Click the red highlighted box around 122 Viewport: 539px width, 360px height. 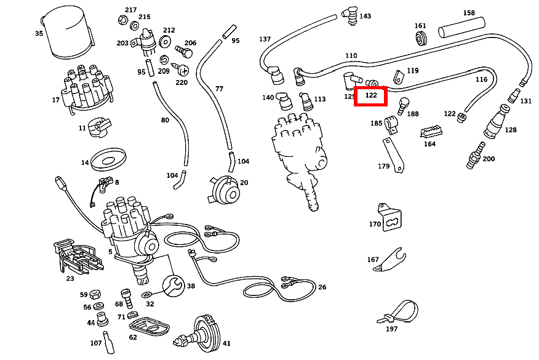(370, 96)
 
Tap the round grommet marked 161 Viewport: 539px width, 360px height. (421, 40)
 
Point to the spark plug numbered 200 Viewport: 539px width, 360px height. (475, 156)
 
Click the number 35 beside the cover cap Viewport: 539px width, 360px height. (39, 33)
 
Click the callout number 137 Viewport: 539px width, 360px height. (265, 39)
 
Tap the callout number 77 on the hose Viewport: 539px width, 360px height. (219, 89)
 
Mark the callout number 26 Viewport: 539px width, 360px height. (322, 287)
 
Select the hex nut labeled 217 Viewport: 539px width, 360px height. (121, 20)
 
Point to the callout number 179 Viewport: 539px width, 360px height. (383, 166)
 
